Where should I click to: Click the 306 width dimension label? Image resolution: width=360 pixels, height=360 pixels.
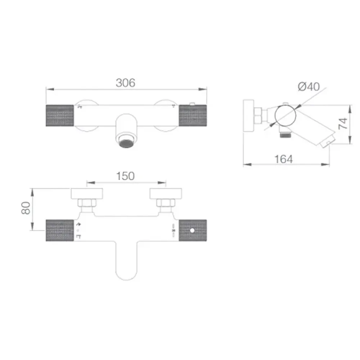pyautogui.click(x=125, y=83)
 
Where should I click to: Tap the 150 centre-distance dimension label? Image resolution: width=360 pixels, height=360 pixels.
pyautogui.click(x=125, y=176)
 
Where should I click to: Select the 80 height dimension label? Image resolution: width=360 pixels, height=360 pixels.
pyautogui.click(x=26, y=208)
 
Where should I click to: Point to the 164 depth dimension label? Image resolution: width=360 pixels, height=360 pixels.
pyautogui.click(x=284, y=159)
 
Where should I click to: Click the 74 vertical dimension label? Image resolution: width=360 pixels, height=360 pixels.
pyautogui.click(x=343, y=123)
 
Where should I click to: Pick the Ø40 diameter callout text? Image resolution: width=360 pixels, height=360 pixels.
pyautogui.click(x=309, y=86)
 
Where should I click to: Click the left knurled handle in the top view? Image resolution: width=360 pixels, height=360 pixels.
pyautogui.click(x=60, y=116)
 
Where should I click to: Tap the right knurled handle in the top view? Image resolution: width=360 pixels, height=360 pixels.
pyautogui.click(x=193, y=116)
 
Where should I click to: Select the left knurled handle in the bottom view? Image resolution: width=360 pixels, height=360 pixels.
pyautogui.click(x=60, y=230)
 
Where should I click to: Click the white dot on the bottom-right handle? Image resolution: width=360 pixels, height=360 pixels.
pyautogui.click(x=192, y=230)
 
